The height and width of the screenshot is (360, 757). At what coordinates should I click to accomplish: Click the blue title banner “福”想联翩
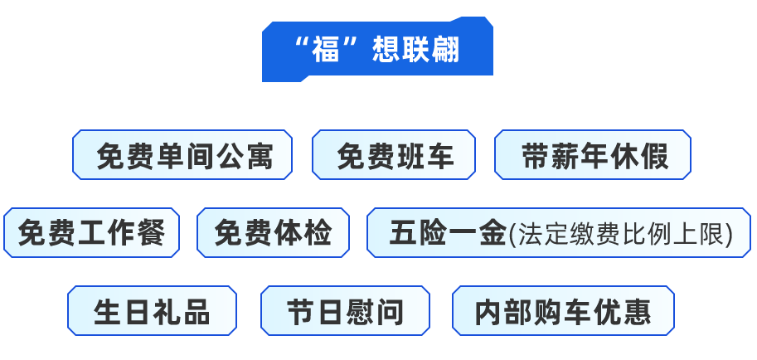(x=376, y=50)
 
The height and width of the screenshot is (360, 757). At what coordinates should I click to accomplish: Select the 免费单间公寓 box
(x=183, y=154)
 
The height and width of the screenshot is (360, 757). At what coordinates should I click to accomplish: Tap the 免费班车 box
(x=395, y=154)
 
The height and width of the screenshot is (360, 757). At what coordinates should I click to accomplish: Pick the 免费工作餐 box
(x=91, y=233)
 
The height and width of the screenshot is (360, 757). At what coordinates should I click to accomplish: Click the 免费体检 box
(x=273, y=233)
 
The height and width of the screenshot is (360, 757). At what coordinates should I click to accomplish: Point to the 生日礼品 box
(x=153, y=311)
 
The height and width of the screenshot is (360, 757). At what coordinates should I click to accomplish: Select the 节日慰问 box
(x=346, y=311)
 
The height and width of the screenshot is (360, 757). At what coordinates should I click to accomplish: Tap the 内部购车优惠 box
(x=563, y=311)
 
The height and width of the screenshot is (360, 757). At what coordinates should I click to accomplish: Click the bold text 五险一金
(x=447, y=233)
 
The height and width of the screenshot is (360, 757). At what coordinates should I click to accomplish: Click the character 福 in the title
(x=327, y=51)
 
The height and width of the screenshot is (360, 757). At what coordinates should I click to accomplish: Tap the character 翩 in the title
(x=445, y=51)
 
